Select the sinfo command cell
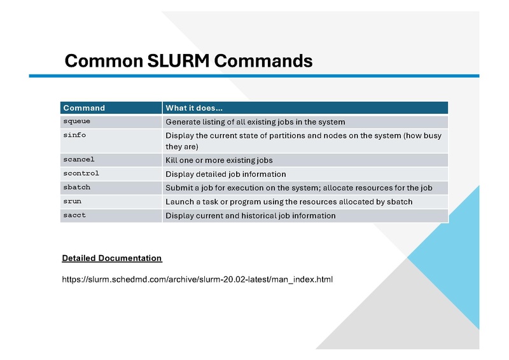coord(74,135)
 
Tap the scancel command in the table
coord(78,159)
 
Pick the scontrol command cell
coord(81,173)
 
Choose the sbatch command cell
coord(76,187)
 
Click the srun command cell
coord(72,201)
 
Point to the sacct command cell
coord(74,215)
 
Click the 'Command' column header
coord(84,108)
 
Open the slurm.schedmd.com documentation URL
coord(197,279)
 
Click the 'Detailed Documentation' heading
coord(112,258)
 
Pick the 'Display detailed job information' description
coord(225,174)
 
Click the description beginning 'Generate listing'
coord(255,121)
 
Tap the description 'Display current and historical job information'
coord(250,216)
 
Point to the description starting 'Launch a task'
coord(289,202)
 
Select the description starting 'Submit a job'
coord(299,188)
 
